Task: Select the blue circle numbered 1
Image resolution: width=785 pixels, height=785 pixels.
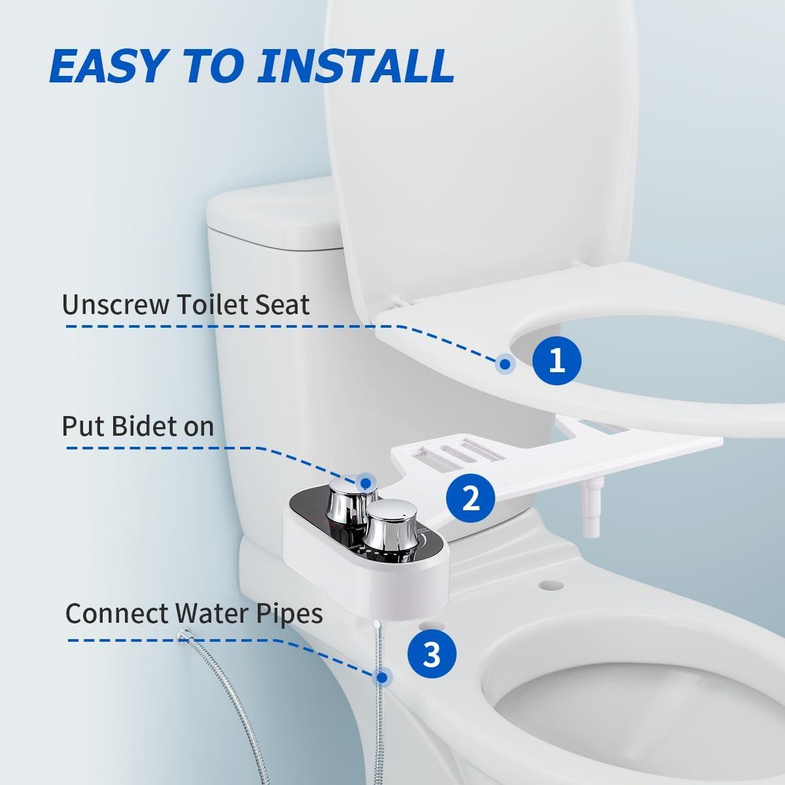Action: pos(556,360)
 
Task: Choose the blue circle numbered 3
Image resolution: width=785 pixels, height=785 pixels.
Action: pos(432,653)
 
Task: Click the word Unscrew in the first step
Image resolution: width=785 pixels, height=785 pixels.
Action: pos(112,305)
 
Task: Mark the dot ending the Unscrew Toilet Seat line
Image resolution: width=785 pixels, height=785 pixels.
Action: pos(504,364)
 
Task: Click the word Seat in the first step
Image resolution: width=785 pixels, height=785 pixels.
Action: pos(283,305)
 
